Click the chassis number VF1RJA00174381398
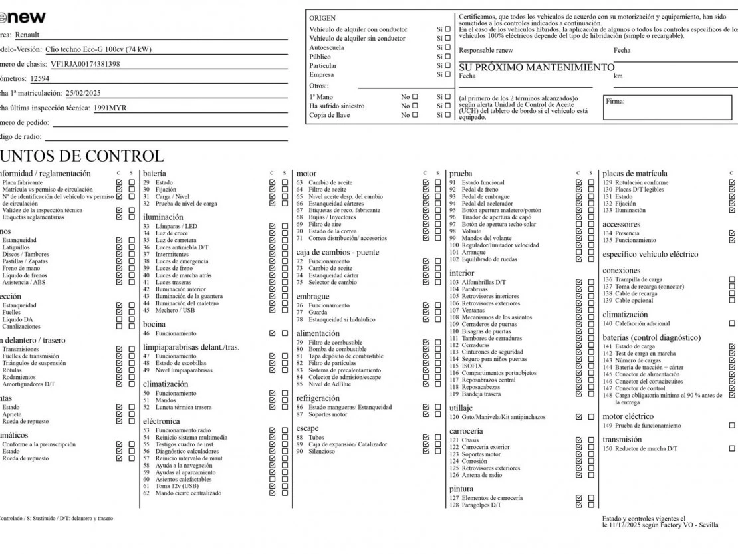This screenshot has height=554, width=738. pyautogui.click(x=85, y=64)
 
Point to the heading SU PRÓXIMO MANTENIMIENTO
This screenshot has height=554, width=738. pyautogui.click(x=537, y=67)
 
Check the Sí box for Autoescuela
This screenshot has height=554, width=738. pyautogui.click(x=447, y=47)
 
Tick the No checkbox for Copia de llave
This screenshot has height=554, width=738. pyautogui.click(x=416, y=115)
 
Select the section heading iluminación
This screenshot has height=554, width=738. pyautogui.click(x=163, y=217)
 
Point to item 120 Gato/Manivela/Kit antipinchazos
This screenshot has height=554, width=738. pyautogui.click(x=497, y=417)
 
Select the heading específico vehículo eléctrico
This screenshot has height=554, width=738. pyautogui.click(x=650, y=254)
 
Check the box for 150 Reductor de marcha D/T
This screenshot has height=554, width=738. pyautogui.click(x=732, y=449)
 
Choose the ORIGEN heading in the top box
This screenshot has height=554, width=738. pyautogui.click(x=322, y=18)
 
